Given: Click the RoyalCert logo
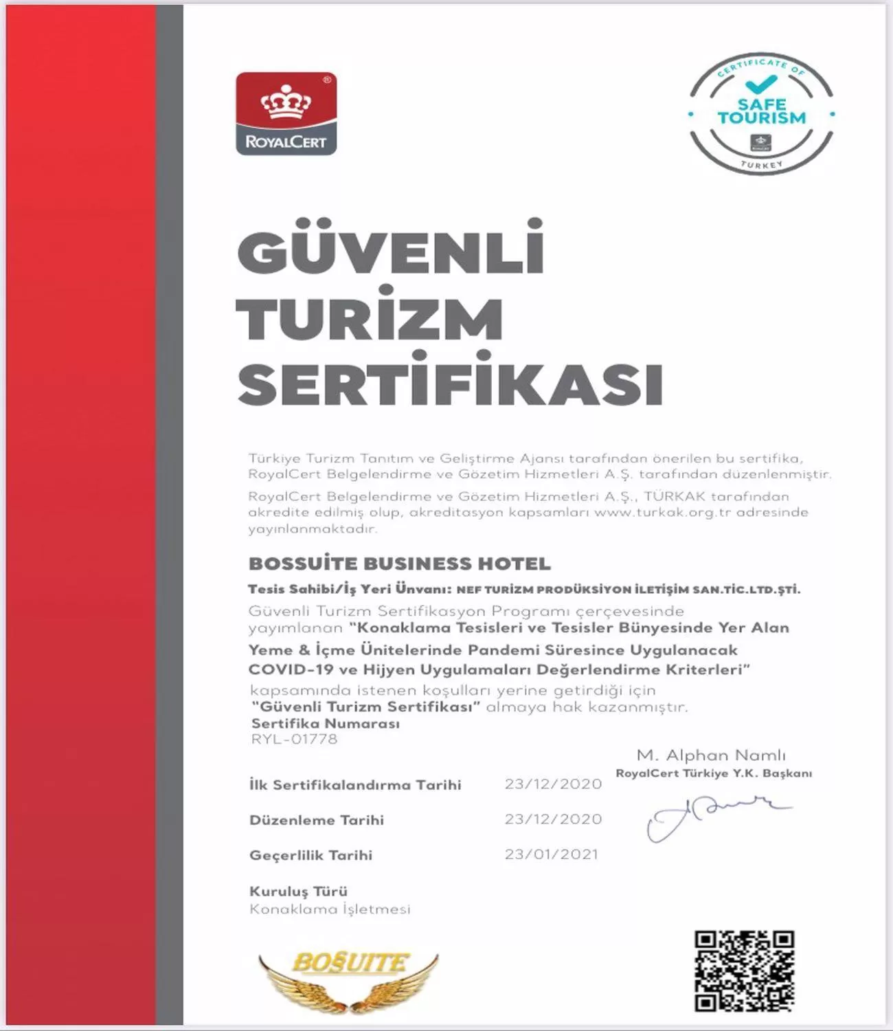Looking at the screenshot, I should (286, 113).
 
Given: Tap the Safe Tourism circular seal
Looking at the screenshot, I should (761, 113).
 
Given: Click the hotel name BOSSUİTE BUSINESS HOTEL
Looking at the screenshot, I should (400, 564).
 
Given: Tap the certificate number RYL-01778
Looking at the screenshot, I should (294, 740).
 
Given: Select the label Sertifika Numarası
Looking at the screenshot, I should (325, 724).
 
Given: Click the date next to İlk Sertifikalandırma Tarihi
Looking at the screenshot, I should (553, 784).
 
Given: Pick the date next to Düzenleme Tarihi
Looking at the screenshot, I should (553, 819).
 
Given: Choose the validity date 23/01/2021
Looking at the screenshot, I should (552, 854).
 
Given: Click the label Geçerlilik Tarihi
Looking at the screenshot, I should (310, 855).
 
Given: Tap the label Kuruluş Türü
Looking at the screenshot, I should (298, 891).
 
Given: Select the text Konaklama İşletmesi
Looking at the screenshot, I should (330, 909).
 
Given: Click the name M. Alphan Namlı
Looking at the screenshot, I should (711, 755).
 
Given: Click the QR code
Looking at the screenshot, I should (744, 971).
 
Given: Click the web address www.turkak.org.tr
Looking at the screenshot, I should (663, 513).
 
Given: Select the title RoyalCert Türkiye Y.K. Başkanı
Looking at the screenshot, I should (714, 773).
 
